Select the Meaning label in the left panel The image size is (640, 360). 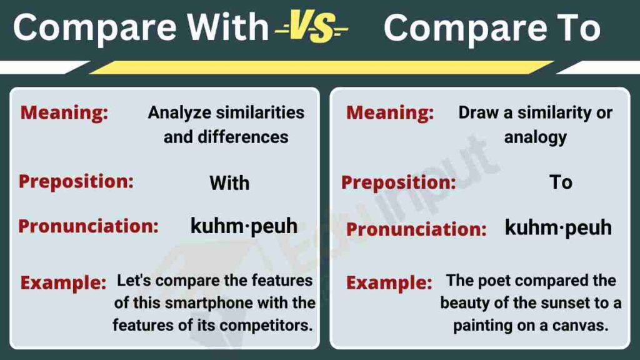click(64, 112)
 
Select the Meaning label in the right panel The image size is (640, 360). click(389, 112)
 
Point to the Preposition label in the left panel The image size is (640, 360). click(76, 181)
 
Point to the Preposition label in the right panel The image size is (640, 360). click(398, 182)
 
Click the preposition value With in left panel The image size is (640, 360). click(229, 183)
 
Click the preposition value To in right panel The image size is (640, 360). click(561, 182)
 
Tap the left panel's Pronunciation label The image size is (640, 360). click(88, 226)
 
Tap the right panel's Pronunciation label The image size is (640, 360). click(416, 229)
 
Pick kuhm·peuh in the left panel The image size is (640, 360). click(244, 226)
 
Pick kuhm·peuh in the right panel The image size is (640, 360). click(557, 227)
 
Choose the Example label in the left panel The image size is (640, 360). click(63, 282)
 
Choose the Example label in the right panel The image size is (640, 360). click(389, 282)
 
